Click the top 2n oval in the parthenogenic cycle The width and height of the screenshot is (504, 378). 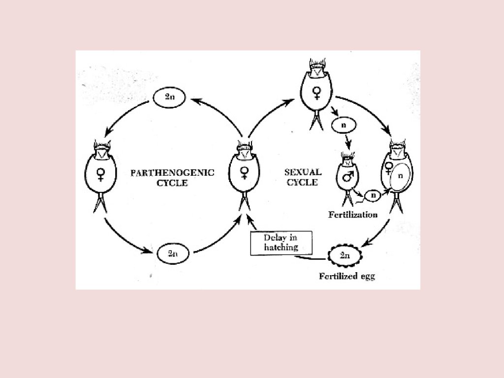pyautogui.click(x=169, y=97)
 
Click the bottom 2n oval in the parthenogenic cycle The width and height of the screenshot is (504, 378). pyautogui.click(x=173, y=254)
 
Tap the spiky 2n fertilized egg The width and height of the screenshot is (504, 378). pyautogui.click(x=345, y=255)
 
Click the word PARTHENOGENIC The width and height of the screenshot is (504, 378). pyautogui.click(x=172, y=172)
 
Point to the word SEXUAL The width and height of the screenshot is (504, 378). pyautogui.click(x=303, y=172)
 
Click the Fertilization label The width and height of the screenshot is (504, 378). pyautogui.click(x=353, y=215)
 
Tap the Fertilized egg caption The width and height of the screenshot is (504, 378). pyautogui.click(x=346, y=276)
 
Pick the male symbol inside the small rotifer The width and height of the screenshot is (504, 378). pyautogui.click(x=348, y=176)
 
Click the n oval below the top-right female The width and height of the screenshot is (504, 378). pyautogui.click(x=344, y=126)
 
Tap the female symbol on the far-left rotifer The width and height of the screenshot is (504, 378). pyautogui.click(x=101, y=174)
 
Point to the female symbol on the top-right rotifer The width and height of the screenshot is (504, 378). pyautogui.click(x=317, y=92)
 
